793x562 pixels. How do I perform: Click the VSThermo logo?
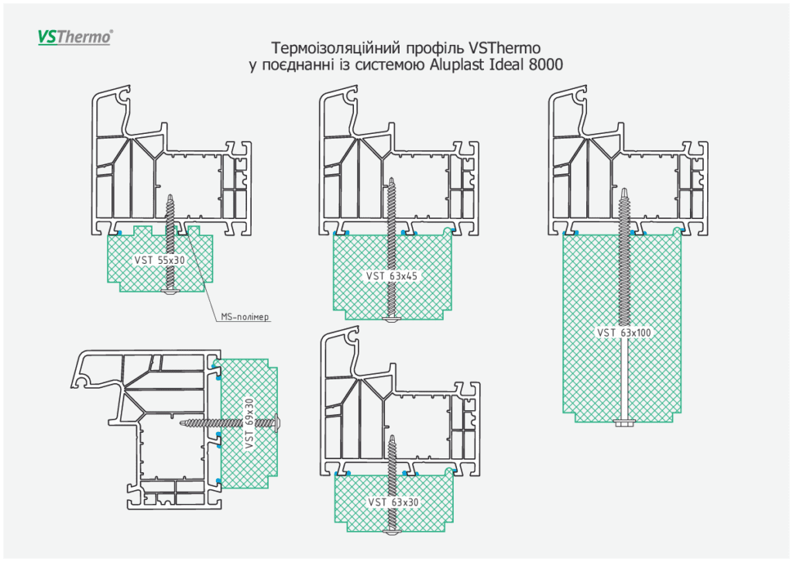click(x=75, y=36)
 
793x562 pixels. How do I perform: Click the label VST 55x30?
click(x=160, y=260)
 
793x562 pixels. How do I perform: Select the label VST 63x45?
click(x=393, y=276)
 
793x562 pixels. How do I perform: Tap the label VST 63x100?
click(x=625, y=333)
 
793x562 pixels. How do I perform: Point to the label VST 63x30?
click(x=393, y=502)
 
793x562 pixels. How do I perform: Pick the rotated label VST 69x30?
click(x=249, y=423)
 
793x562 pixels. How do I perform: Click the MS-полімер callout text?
click(x=245, y=316)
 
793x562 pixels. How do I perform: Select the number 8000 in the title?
click(x=545, y=65)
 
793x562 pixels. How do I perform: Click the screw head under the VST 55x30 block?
click(x=170, y=292)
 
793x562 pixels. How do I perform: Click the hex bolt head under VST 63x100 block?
click(x=623, y=422)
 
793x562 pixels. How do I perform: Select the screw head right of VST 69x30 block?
click(x=279, y=423)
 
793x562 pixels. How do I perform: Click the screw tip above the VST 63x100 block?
click(x=624, y=190)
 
